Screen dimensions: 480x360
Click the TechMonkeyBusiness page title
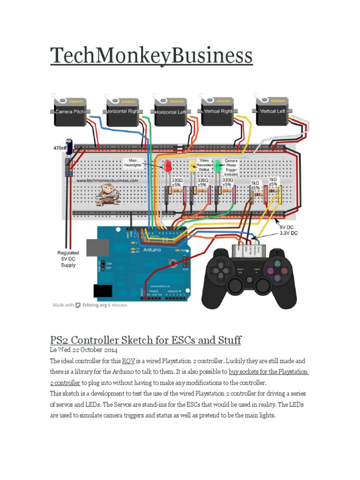click(151, 57)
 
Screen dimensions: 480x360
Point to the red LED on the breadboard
click(167, 165)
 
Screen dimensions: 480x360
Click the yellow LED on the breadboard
click(193, 165)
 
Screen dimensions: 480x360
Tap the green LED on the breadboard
click(217, 165)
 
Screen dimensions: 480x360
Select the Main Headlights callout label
click(134, 163)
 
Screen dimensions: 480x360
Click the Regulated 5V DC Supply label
click(68, 258)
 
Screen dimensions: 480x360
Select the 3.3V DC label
click(290, 232)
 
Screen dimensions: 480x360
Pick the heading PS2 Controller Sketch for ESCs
click(145, 340)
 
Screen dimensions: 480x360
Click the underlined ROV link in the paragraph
click(128, 361)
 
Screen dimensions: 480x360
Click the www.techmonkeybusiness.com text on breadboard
click(107, 180)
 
